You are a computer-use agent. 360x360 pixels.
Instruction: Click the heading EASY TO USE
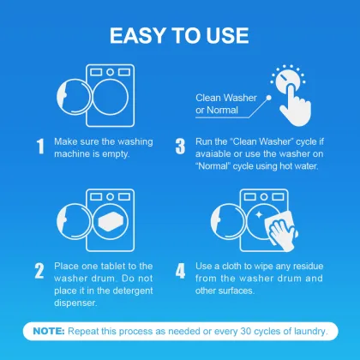180,35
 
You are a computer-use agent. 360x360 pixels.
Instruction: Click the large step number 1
39,146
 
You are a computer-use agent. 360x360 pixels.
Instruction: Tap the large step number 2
39,272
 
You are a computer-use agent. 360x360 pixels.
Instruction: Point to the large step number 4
181,272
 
